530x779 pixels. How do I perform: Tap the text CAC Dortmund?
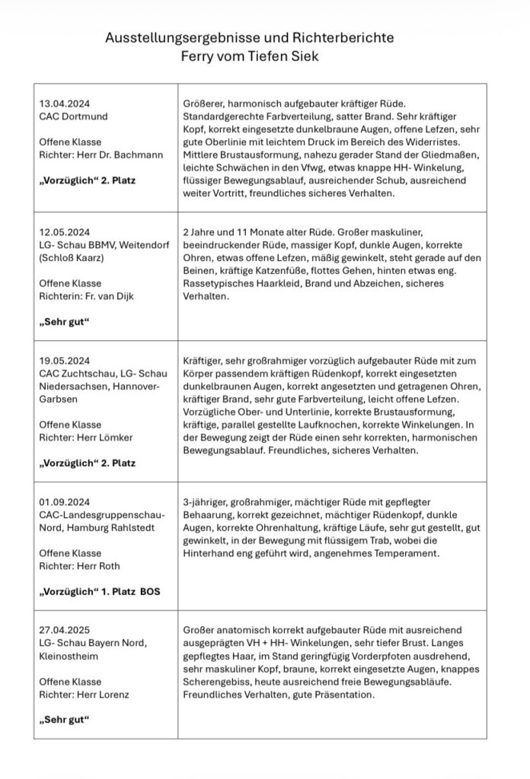coord(73,116)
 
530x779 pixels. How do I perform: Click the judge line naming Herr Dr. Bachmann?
coord(101,155)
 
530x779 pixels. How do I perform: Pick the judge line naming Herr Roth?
coord(79,566)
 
